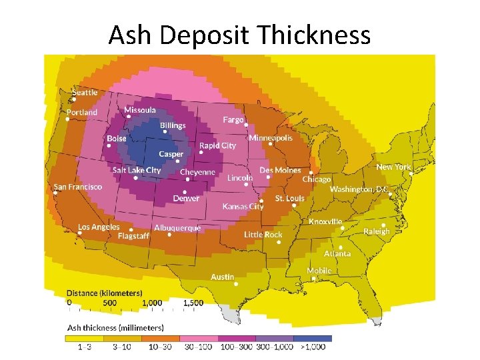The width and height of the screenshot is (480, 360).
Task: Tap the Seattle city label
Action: click(85, 93)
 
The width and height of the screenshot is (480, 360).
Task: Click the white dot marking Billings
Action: click(165, 131)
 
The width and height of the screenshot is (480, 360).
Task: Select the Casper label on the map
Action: click(171, 154)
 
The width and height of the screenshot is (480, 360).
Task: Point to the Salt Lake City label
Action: click(137, 170)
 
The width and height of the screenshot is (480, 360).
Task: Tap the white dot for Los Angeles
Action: click(99, 233)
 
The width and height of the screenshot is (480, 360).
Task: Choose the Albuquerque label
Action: click(177, 227)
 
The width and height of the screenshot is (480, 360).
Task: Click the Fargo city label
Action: click(233, 119)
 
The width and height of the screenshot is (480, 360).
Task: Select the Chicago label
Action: click(317, 179)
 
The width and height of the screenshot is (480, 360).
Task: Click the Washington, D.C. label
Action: click(359, 189)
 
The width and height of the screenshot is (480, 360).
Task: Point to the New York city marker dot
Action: click(411, 173)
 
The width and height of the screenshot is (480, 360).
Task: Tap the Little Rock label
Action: click(263, 235)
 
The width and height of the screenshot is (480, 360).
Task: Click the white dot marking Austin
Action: click(237, 283)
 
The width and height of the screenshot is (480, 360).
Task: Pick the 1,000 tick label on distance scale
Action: click(152, 303)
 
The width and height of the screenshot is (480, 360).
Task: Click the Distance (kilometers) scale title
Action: click(104, 293)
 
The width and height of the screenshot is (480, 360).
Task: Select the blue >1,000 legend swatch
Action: click(313, 338)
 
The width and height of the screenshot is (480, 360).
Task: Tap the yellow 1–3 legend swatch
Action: click(84, 338)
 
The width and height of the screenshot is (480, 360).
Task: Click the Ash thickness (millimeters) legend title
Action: click(115, 327)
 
